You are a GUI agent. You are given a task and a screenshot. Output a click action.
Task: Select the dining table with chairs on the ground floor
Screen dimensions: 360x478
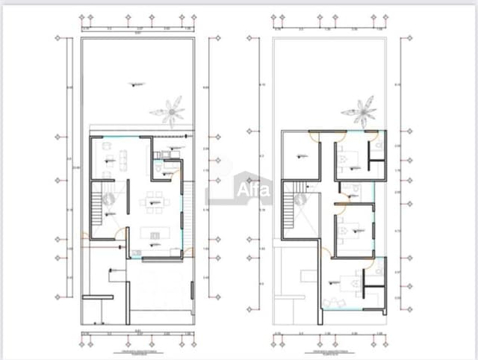pos(155,199)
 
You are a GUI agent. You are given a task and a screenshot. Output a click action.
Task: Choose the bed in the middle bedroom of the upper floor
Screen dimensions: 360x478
pos(346,232)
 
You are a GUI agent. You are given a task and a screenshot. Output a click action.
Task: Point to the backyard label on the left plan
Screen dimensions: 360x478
pos(135,84)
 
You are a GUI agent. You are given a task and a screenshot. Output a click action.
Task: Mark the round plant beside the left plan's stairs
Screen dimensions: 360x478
pos(109,199)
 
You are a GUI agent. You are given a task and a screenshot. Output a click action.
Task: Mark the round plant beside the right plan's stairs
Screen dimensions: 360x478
pos(302,199)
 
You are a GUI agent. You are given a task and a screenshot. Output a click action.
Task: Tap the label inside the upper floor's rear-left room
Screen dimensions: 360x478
pos(302,155)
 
